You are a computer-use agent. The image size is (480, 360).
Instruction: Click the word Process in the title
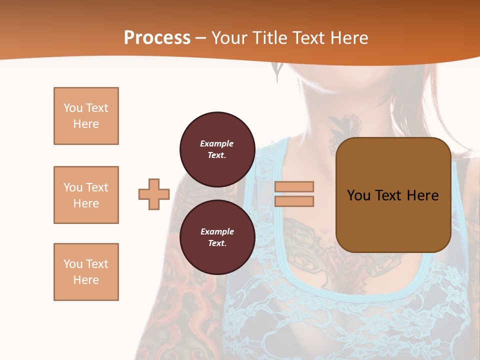(157, 38)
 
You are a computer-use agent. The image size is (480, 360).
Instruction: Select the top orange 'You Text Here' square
(86, 116)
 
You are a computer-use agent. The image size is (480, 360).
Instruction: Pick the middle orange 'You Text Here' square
(86, 195)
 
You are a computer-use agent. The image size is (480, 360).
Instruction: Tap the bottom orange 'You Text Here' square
(86, 272)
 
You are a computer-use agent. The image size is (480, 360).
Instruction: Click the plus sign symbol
(154, 194)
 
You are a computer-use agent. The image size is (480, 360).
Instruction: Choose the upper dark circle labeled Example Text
(217, 149)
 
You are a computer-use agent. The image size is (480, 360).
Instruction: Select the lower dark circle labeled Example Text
(217, 237)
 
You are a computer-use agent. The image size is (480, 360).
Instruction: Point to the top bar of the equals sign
(294, 186)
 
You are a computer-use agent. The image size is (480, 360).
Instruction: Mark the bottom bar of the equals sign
(294, 201)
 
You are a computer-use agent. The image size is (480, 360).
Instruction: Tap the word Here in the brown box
(422, 195)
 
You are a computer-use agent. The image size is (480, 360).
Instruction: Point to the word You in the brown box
(358, 195)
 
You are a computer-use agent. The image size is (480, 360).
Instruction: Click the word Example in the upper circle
(217, 143)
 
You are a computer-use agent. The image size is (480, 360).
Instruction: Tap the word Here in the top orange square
(86, 124)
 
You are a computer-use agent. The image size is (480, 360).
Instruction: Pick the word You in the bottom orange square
(72, 264)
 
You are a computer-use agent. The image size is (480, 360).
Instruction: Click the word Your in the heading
(228, 38)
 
